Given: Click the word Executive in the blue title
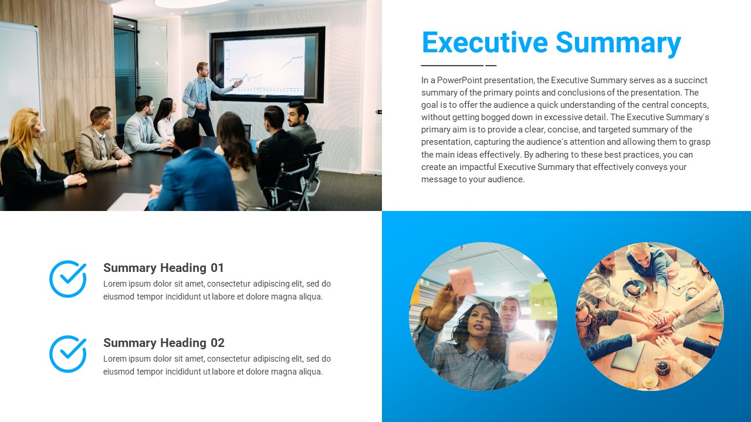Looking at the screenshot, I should click(485, 43).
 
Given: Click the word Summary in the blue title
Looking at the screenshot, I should click(618, 43).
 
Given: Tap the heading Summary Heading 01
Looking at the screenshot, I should click(164, 268).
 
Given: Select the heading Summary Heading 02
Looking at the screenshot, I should click(164, 343).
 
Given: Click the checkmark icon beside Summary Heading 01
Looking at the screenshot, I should click(68, 279).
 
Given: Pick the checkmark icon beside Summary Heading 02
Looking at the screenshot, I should click(68, 354).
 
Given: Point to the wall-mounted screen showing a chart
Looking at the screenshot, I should click(267, 64).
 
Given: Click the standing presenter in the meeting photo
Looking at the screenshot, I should click(200, 97).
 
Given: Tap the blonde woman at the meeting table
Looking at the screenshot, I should click(29, 155).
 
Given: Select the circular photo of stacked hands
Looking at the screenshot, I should click(649, 316).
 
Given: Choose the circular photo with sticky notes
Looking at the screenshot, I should click(483, 316).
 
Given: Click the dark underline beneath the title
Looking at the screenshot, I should click(458, 66).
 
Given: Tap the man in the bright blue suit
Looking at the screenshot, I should click(194, 176).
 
